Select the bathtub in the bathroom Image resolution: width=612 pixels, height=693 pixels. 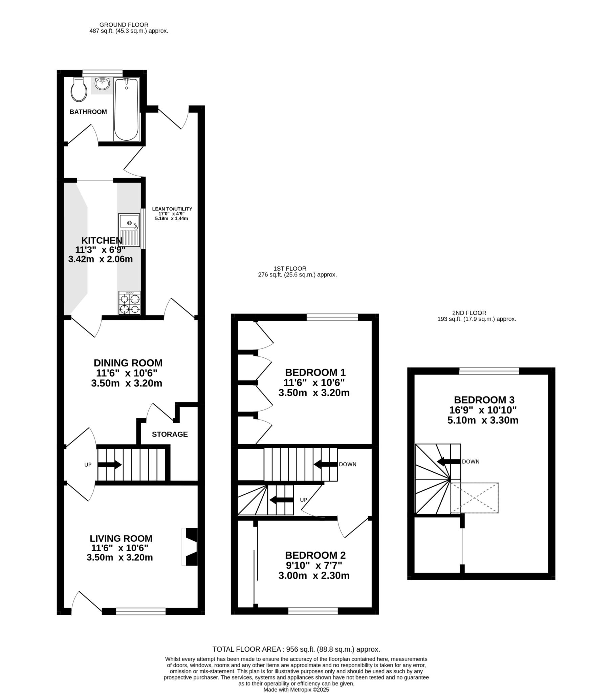tap(126, 109)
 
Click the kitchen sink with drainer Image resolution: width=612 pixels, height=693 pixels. tap(129, 230)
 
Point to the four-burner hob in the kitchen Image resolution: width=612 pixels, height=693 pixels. tap(130, 303)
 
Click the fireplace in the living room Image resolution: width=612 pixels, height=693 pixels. tap(190, 546)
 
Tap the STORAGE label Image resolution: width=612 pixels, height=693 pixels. tap(170, 434)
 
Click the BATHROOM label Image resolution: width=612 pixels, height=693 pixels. tap(88, 112)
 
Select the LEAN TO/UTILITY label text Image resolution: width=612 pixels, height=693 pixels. tap(172, 209)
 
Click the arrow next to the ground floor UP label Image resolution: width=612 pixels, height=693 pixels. tap(110, 465)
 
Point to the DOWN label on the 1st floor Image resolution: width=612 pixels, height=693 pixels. tap(348, 464)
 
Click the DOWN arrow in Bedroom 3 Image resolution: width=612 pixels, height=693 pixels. tap(449, 462)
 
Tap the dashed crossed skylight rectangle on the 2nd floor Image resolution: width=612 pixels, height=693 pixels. tap(474, 498)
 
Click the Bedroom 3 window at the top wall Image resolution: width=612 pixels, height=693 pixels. tap(489, 371)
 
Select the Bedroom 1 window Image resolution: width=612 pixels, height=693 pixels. tap(332, 317)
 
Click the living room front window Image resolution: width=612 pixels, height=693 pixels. tap(141, 611)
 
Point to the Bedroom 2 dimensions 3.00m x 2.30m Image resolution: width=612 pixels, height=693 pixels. tap(314, 576)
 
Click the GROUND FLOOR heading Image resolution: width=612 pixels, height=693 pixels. tap(124, 25)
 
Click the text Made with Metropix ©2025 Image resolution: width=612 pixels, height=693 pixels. tap(296, 690)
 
